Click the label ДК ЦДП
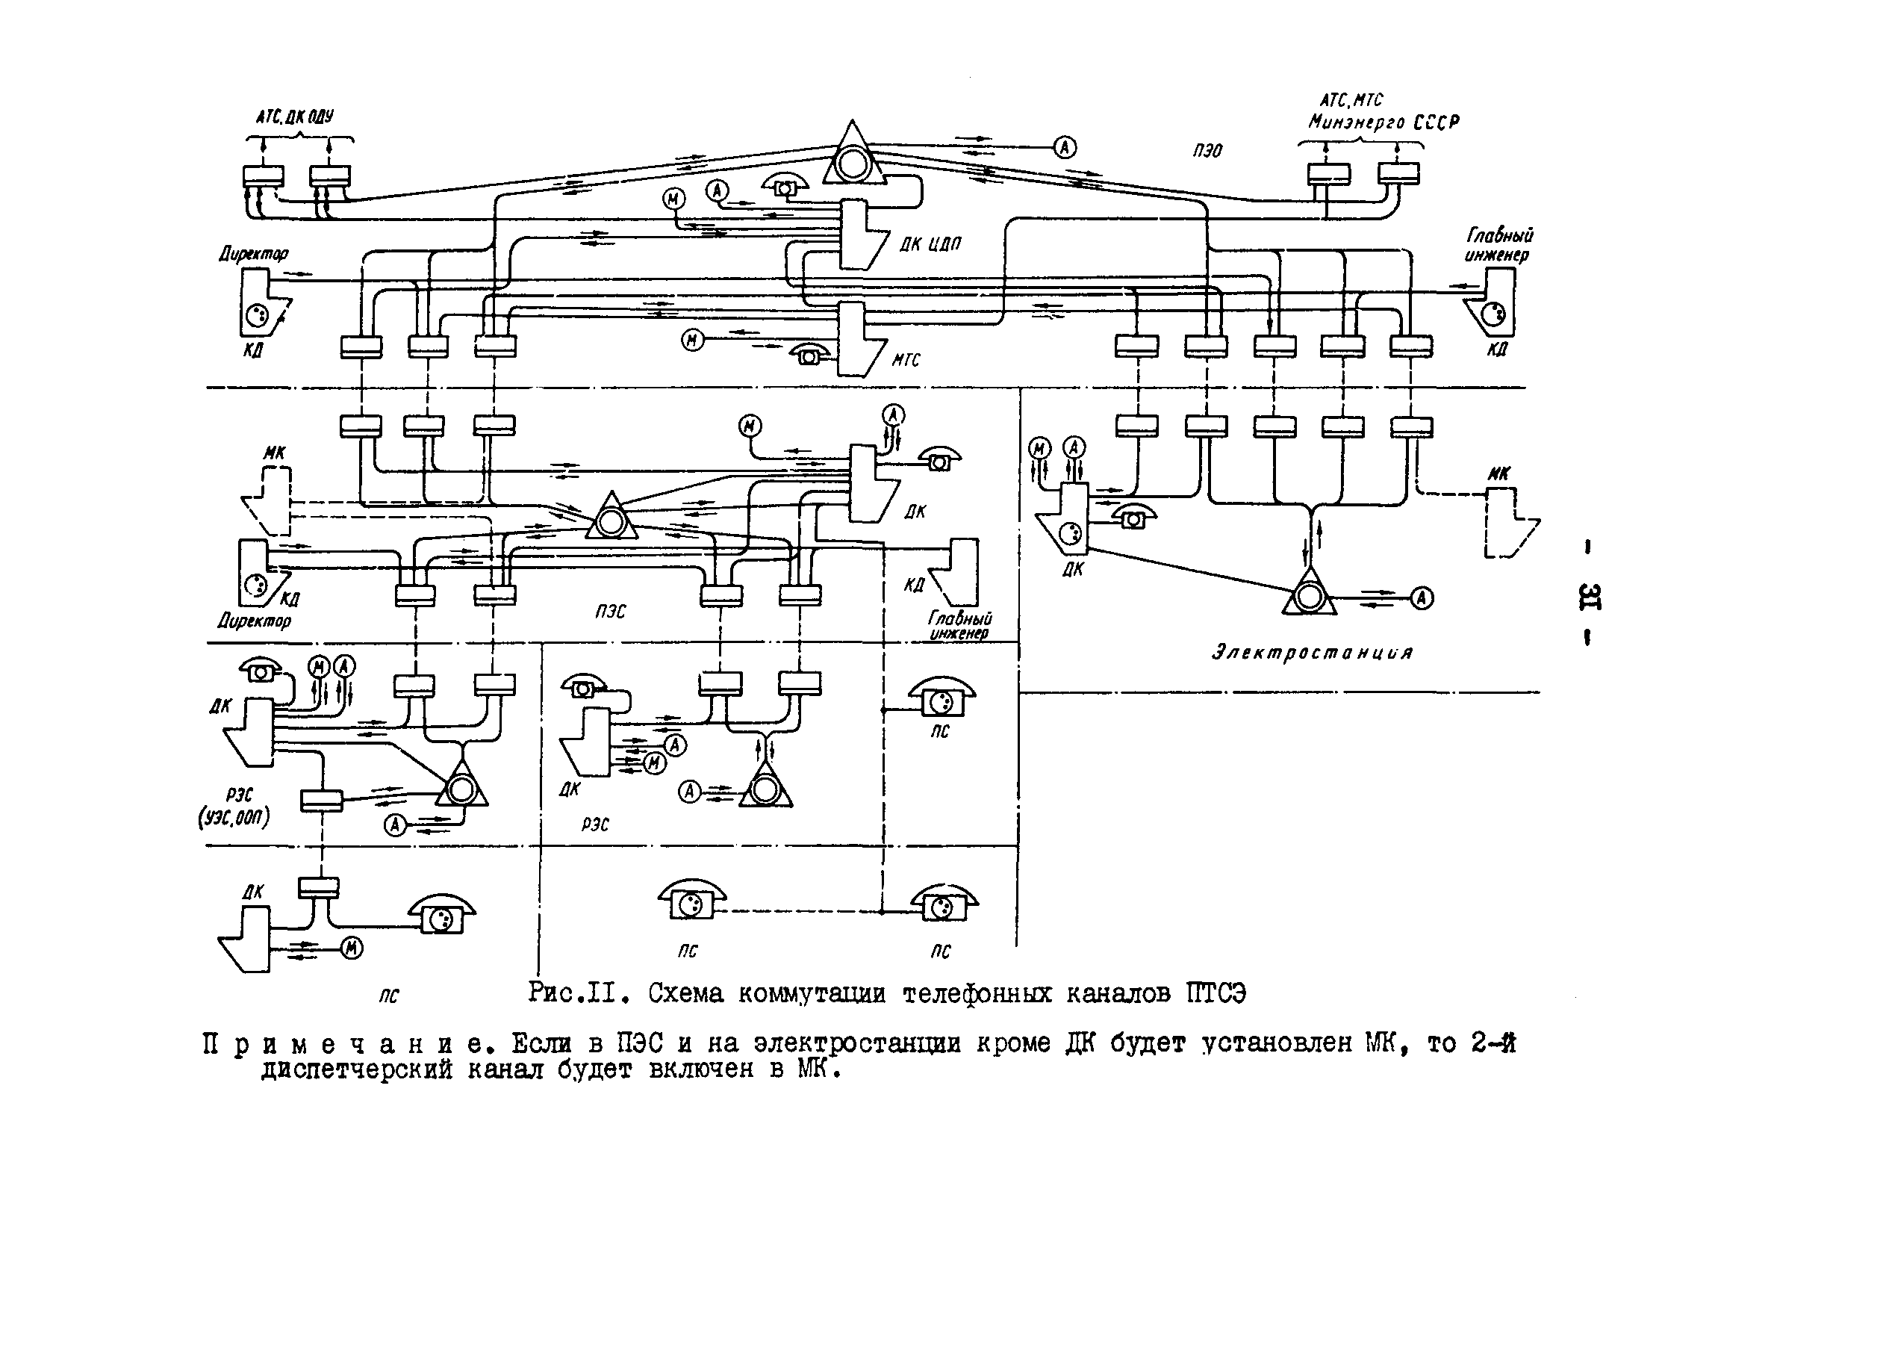click(x=930, y=244)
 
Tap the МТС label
click(x=906, y=359)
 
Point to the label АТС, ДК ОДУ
click(x=294, y=117)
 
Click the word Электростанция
click(x=1312, y=652)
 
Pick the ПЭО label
click(x=1207, y=151)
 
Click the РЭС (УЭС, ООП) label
click(x=235, y=807)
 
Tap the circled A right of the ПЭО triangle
click(x=1065, y=147)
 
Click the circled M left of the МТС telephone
click(x=692, y=340)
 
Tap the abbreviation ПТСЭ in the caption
click(x=1216, y=993)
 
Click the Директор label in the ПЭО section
click(x=253, y=253)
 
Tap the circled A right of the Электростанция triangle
click(x=1422, y=598)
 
